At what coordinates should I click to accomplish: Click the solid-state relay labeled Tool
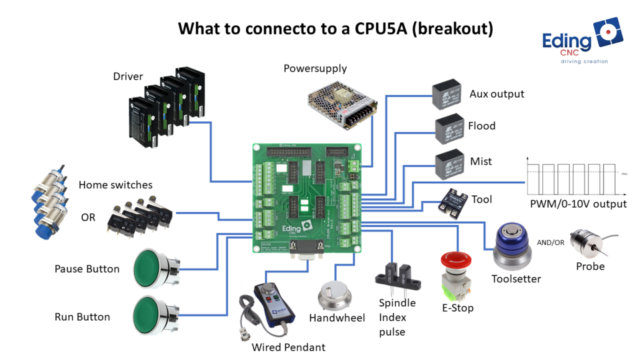point(454,203)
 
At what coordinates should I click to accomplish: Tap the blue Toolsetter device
point(512,245)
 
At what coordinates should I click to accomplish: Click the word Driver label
point(128,76)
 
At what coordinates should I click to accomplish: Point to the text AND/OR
point(551,242)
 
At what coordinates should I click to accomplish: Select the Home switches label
point(116,185)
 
